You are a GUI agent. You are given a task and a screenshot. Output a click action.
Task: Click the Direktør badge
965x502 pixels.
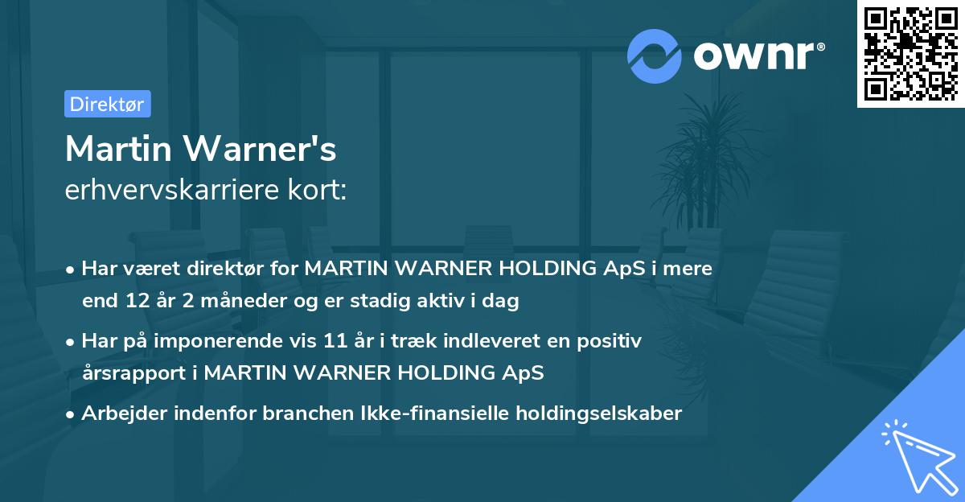(x=107, y=104)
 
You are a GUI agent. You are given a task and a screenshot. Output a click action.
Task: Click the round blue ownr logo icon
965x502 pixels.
(x=654, y=56)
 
